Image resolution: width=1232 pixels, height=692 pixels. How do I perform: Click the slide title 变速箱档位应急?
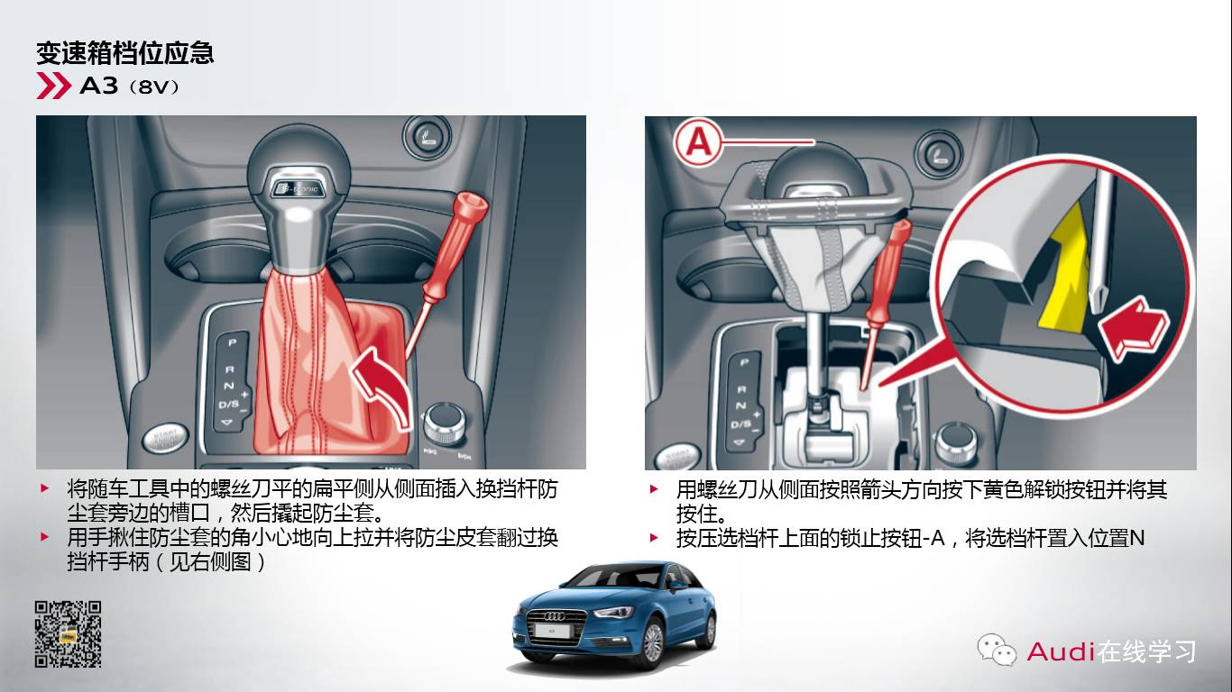(x=124, y=53)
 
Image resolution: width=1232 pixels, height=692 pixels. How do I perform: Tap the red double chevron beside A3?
(x=54, y=86)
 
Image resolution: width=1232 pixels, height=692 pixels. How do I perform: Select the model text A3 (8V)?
(x=130, y=86)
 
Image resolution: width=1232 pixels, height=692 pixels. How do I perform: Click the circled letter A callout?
(x=698, y=142)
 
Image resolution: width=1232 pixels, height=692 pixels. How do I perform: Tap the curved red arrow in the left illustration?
(x=382, y=386)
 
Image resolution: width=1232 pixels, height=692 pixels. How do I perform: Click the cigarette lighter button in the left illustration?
(x=427, y=136)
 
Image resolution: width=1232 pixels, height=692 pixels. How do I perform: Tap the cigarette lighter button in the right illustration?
(x=938, y=152)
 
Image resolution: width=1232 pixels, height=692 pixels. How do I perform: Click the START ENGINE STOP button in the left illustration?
(x=165, y=439)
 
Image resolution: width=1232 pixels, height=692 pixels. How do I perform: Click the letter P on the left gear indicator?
(x=232, y=342)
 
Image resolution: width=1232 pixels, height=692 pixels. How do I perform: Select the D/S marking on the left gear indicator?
(x=229, y=405)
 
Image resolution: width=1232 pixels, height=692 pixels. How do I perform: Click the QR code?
(x=69, y=633)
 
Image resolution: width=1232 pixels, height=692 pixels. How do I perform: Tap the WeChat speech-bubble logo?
(x=996, y=650)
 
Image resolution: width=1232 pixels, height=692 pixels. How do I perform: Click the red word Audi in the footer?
(x=1061, y=651)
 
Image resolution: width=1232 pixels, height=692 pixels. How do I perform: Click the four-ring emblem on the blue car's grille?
(x=555, y=616)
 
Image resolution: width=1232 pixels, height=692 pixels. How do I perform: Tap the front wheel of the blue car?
(x=652, y=642)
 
